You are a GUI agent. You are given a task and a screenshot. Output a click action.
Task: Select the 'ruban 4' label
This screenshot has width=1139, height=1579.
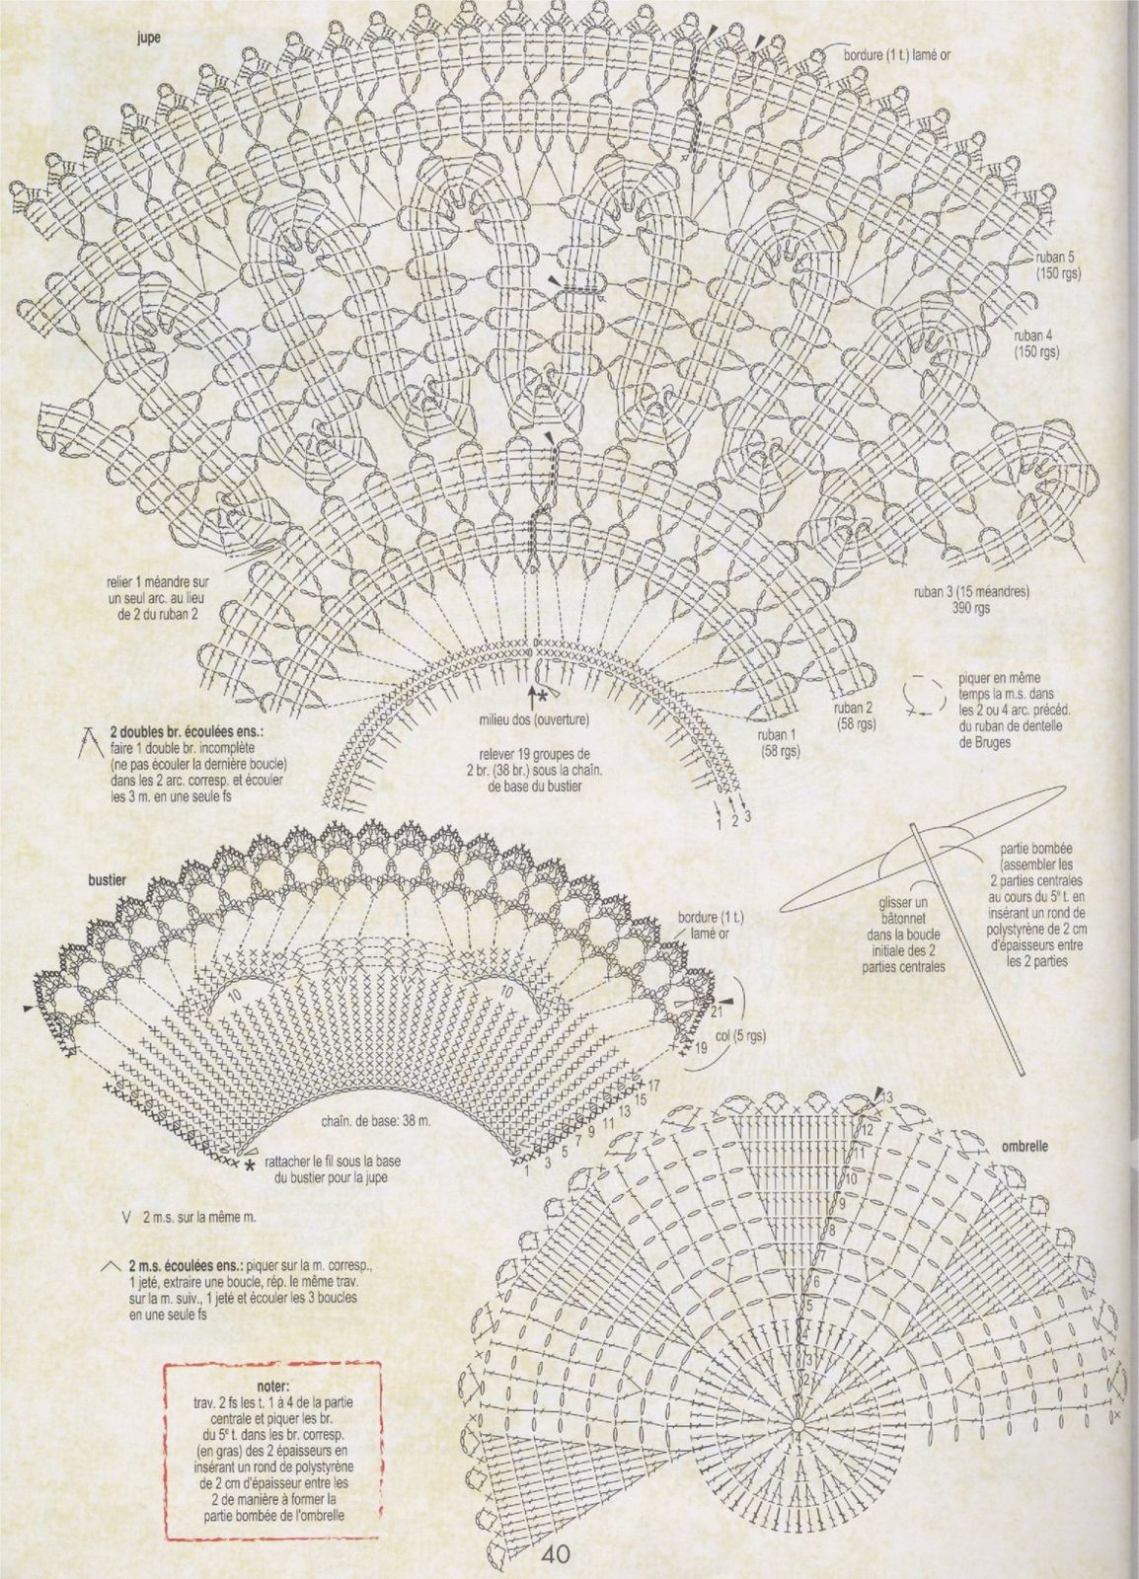click(1034, 337)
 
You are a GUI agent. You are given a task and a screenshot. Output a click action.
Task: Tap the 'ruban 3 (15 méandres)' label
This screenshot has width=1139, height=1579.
click(970, 593)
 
